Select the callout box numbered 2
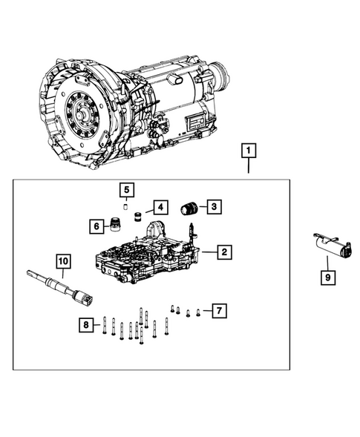223,253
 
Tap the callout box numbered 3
213,207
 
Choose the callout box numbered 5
127,190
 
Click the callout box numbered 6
97,226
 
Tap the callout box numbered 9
327,278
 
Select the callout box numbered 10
63,261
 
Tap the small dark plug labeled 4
137,217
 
